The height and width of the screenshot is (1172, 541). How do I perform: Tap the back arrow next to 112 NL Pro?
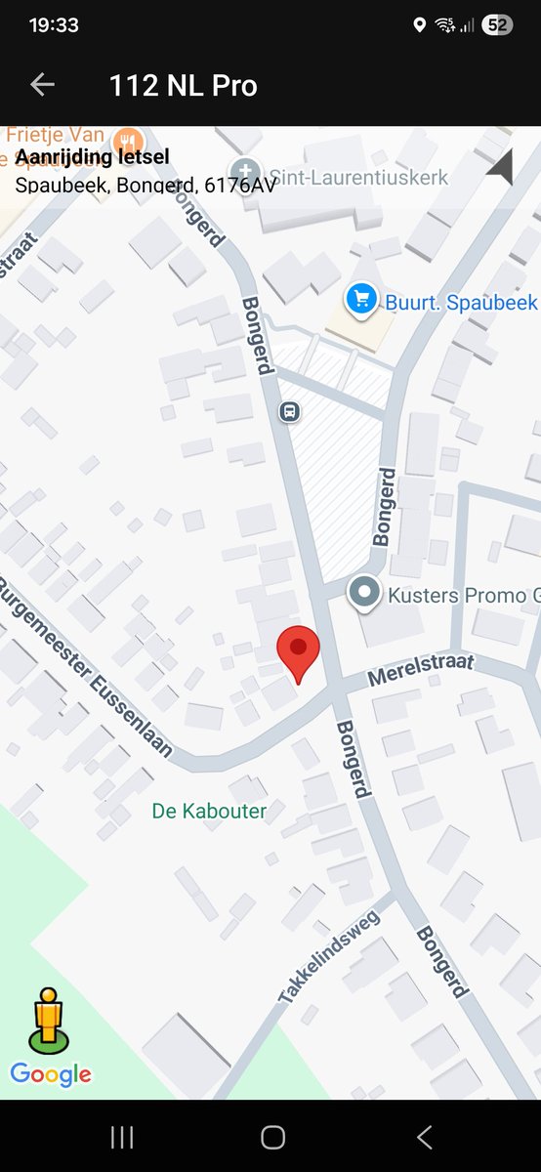42,85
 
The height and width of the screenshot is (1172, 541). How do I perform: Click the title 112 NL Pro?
184,86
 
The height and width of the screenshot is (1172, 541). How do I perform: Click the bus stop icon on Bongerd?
290,411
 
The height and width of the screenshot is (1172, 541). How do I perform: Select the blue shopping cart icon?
361,298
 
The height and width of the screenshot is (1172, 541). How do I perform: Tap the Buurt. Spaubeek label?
461,303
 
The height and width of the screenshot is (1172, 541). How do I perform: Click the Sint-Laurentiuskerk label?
358,178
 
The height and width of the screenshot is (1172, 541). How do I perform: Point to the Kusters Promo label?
464,594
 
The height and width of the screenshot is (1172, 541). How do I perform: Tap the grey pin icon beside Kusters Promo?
365,592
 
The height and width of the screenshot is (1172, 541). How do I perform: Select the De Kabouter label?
209,811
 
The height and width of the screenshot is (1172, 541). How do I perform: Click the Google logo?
51,1075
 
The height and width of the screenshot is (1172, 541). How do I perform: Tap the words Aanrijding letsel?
93,157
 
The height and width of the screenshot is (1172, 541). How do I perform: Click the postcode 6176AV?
241,183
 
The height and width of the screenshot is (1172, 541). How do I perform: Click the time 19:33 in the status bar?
54,25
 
